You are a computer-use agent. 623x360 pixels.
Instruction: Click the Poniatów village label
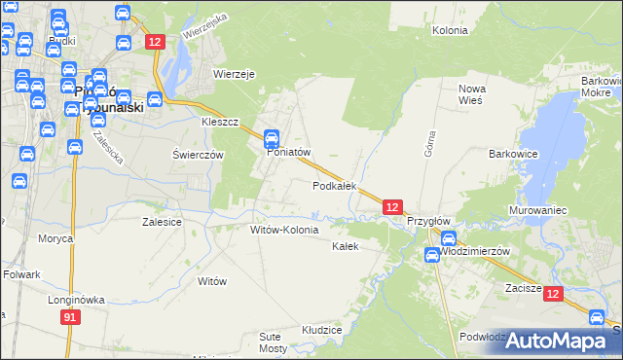[x=287, y=152]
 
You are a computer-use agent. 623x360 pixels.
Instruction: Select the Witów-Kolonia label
[x=284, y=230]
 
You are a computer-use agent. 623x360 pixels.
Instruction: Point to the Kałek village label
[x=346, y=246]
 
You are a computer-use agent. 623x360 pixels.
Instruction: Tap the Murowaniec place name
[x=537, y=210]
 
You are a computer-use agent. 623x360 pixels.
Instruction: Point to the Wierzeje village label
[x=234, y=73]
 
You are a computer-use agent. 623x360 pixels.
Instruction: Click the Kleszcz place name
[x=220, y=124]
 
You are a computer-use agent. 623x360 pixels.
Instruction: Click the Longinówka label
[x=76, y=300]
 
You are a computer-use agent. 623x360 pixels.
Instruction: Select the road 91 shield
[x=69, y=317]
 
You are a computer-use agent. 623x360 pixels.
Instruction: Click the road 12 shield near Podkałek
[x=391, y=207]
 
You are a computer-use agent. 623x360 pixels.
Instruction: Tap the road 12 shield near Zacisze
[x=553, y=294]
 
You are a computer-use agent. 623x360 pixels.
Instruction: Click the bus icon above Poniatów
[x=273, y=138]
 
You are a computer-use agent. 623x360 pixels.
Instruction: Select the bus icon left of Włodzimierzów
[x=431, y=255]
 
